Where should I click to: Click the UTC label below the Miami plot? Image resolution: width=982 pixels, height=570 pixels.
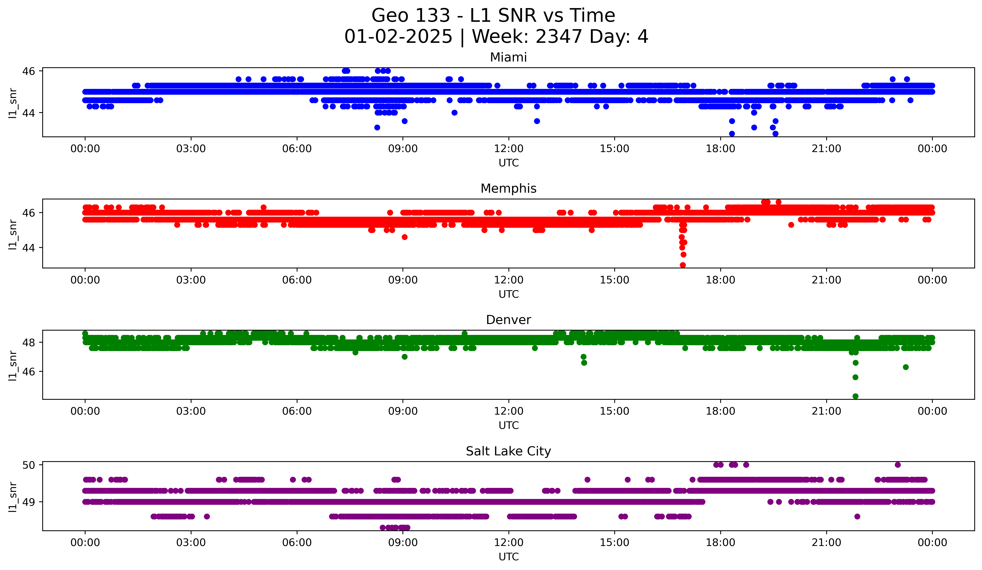tap(508, 163)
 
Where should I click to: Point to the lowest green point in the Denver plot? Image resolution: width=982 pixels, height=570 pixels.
tap(855, 396)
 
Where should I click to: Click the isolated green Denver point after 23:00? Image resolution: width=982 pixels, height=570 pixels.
tap(906, 367)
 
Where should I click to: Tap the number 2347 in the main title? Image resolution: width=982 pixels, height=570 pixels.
tap(559, 37)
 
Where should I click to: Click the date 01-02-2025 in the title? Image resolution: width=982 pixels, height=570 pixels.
tap(398, 37)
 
